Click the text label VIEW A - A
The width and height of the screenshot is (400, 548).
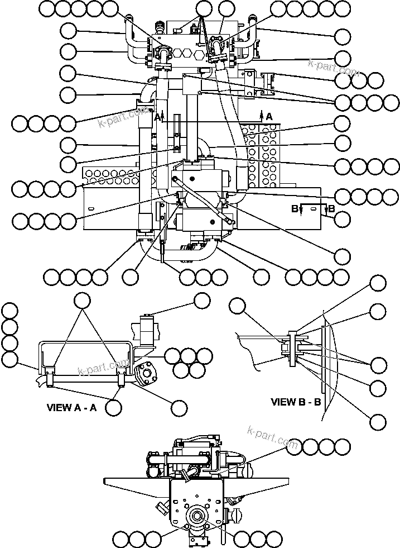point(71,407)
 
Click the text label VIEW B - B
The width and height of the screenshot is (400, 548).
point(296,401)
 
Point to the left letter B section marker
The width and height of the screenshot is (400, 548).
point(295,209)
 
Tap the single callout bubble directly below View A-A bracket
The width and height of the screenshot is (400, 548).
point(113,407)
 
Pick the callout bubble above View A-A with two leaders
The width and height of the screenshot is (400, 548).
point(83,300)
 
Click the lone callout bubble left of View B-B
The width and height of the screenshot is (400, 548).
point(238,306)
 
